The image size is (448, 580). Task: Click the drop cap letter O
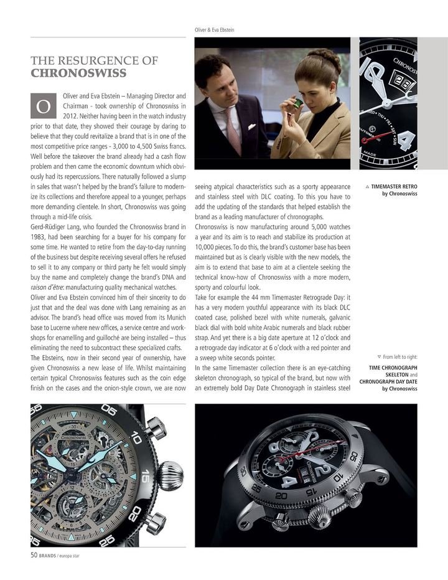pos(44,107)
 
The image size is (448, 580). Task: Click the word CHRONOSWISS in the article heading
pos(79,73)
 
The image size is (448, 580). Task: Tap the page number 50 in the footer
pos(35,556)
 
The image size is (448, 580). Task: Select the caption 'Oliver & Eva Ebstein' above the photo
pos(215,30)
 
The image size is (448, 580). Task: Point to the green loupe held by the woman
pos(299,98)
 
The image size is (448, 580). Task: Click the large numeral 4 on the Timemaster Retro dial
pos(406,140)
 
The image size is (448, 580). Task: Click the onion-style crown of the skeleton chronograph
pos(169,475)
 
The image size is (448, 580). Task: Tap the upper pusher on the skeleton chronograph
pos(155,429)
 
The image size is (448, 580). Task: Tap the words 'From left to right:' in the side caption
pos(400,357)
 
